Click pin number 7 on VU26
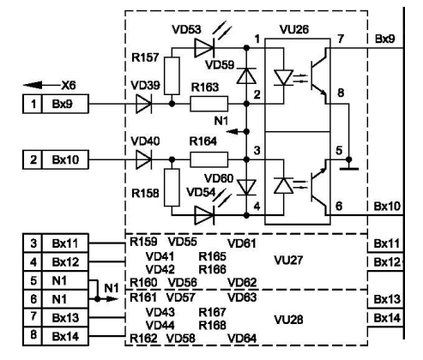(x=341, y=40)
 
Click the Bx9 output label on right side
(x=382, y=40)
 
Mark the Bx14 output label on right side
(x=382, y=317)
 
